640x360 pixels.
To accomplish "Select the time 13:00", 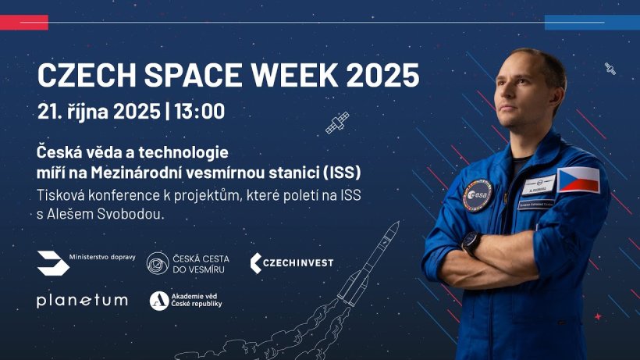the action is [200, 111].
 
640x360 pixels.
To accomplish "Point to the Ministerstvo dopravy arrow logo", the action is [54, 263].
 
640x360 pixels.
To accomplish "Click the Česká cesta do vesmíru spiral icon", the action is [158, 263].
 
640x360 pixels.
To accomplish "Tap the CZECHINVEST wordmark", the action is [291, 263].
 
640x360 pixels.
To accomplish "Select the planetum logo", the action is [82, 301].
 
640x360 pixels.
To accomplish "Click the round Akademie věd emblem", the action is [159, 301].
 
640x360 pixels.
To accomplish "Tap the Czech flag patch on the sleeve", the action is [578, 180].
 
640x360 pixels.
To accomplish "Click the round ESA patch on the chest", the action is [478, 195].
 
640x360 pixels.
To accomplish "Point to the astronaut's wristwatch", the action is [471, 244].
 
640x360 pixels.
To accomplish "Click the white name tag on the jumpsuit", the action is [539, 185].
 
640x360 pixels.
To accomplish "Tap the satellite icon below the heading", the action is [337, 123].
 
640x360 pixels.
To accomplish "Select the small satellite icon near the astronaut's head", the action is [610, 69].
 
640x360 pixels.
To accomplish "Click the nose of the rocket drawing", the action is [397, 223].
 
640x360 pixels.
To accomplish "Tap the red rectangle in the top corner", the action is [24, 23].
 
